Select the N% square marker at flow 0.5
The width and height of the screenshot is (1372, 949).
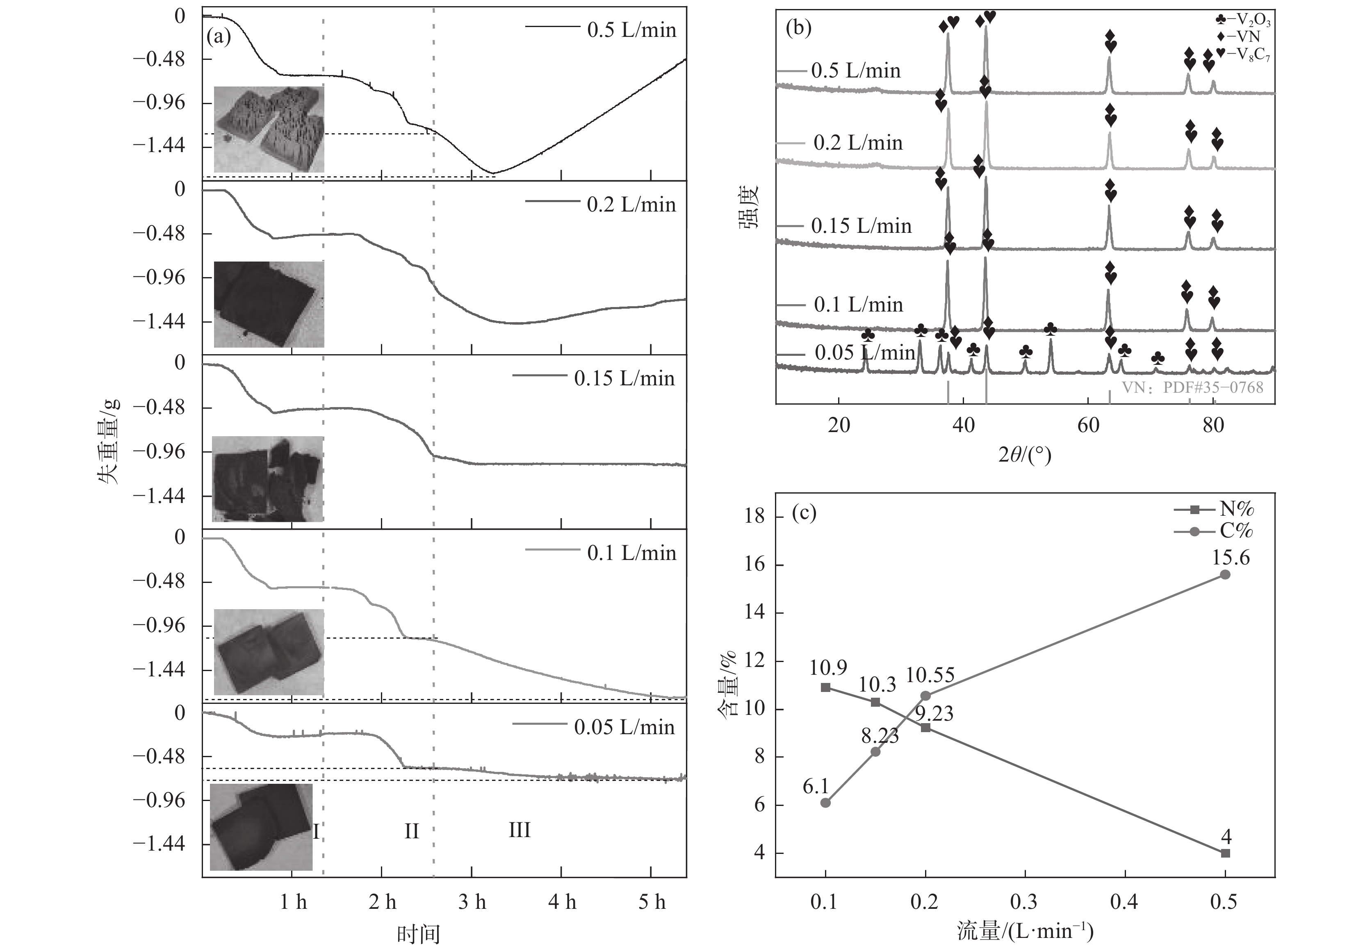click(x=1225, y=853)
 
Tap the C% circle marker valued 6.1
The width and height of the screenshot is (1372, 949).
click(x=825, y=803)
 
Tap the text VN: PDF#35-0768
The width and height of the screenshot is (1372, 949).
click(x=1192, y=388)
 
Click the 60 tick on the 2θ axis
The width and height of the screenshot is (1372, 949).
click(x=1088, y=426)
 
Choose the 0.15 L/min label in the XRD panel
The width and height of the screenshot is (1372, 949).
click(x=861, y=226)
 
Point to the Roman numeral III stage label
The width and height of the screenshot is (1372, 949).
click(x=519, y=829)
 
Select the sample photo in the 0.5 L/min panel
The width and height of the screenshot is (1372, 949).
click(x=269, y=129)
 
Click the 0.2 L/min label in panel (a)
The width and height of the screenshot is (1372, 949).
click(x=631, y=205)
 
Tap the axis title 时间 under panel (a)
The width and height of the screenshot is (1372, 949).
click(x=419, y=934)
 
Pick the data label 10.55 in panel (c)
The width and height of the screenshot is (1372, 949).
click(x=930, y=676)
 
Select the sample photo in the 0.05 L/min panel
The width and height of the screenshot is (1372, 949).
click(x=262, y=826)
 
